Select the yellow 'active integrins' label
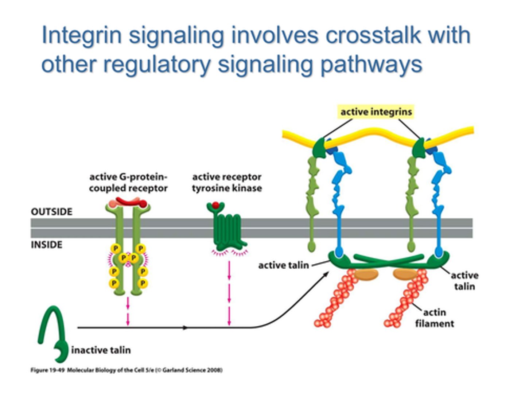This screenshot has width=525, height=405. [376, 112]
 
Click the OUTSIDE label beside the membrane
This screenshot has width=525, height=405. [51, 212]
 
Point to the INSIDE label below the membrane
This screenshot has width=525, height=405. [46, 245]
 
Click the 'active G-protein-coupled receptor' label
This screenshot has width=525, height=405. [128, 183]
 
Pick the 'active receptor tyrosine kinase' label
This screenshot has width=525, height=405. [227, 183]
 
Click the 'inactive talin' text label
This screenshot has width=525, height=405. [101, 350]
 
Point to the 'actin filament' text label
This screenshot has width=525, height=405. [435, 318]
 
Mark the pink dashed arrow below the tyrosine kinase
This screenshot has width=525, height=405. [229, 292]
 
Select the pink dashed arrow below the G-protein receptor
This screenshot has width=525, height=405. [128, 310]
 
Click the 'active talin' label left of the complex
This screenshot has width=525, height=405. [283, 265]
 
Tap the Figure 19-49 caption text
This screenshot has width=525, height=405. [126, 370]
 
